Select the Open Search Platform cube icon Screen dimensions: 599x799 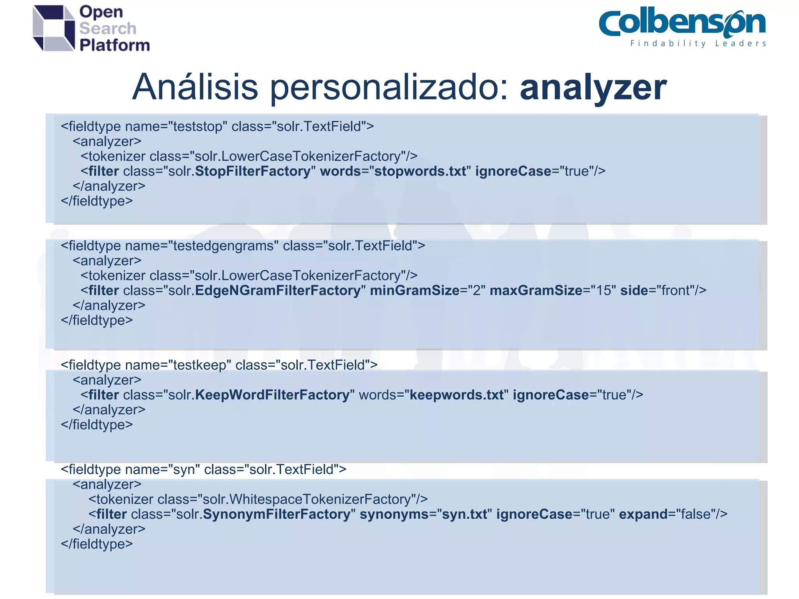pyautogui.click(x=54, y=28)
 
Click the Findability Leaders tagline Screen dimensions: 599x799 pyautogui.click(x=698, y=44)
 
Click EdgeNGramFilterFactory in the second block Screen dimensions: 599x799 pyautogui.click(x=278, y=291)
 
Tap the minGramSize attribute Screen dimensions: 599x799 pyautogui.click(x=414, y=291)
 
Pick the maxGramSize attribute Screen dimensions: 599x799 pyautogui.click(x=536, y=291)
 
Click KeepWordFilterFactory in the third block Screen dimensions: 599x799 pyautogui.click(x=272, y=395)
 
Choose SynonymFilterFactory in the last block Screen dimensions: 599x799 pyautogui.click(x=277, y=514)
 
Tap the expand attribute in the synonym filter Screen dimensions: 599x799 pyautogui.click(x=643, y=514)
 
